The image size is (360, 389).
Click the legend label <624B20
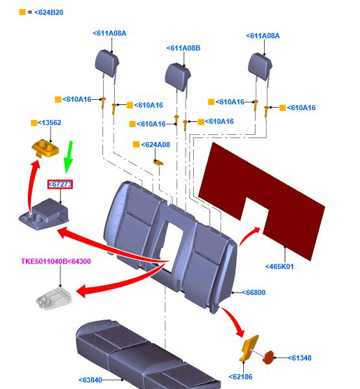pyautogui.click(x=49, y=12)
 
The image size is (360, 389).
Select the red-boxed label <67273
pyautogui.click(x=60, y=184)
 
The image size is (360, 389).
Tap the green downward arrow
pyautogui.click(x=68, y=157)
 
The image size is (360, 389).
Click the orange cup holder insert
pyautogui.click(x=45, y=148)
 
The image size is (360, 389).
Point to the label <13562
pyautogui.click(x=49, y=123)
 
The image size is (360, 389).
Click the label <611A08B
pyautogui.click(x=184, y=48)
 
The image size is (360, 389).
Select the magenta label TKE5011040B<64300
pyautogui.click(x=56, y=261)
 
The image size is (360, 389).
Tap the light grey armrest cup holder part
pyautogui.click(x=54, y=298)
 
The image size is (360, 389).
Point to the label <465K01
pyautogui.click(x=280, y=266)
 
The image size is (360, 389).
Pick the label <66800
pyautogui.click(x=254, y=292)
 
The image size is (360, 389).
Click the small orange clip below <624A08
pyautogui.click(x=158, y=163)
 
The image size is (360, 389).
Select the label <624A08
pyautogui.click(x=156, y=145)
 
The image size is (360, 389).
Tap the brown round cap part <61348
pyautogui.click(x=268, y=358)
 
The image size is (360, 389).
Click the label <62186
pyautogui.click(x=241, y=377)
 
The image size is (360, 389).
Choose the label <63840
pyautogui.click(x=90, y=380)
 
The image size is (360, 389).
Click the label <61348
pyautogui.click(x=300, y=358)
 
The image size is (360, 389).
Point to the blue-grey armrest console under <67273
pyautogui.click(x=44, y=214)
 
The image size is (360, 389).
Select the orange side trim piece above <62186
pyautogui.click(x=249, y=348)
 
